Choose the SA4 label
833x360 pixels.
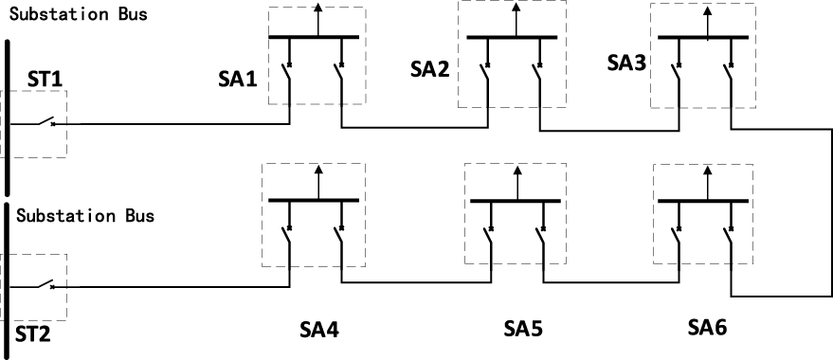pos(319,331)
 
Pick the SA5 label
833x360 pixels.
pos(522,331)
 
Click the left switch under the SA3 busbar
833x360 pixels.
pos(678,72)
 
